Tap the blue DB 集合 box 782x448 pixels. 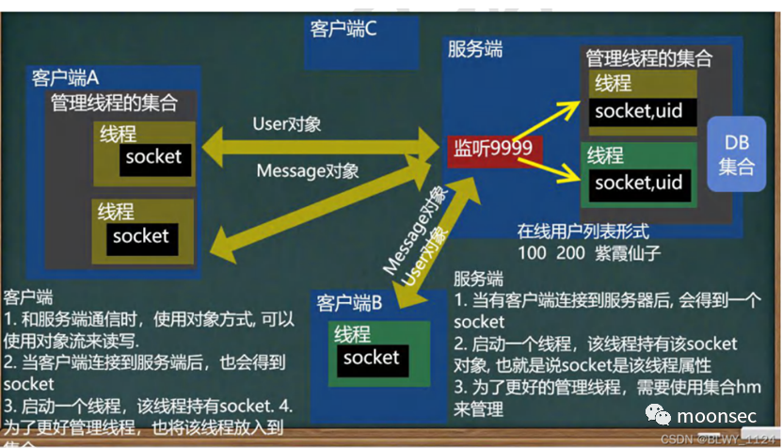[x=737, y=154]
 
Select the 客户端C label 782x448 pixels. [x=343, y=29]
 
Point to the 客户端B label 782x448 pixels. [x=349, y=304]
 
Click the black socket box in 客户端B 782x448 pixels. [x=371, y=358]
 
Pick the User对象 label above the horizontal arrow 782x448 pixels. [x=287, y=124]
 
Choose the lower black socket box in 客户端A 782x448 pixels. [x=140, y=236]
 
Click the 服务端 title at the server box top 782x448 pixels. [x=474, y=49]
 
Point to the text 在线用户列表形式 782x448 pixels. [x=583, y=231]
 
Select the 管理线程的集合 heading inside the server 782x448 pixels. [x=648, y=57]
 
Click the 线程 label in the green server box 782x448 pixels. [x=608, y=152]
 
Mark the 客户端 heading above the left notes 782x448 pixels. [x=27, y=296]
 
